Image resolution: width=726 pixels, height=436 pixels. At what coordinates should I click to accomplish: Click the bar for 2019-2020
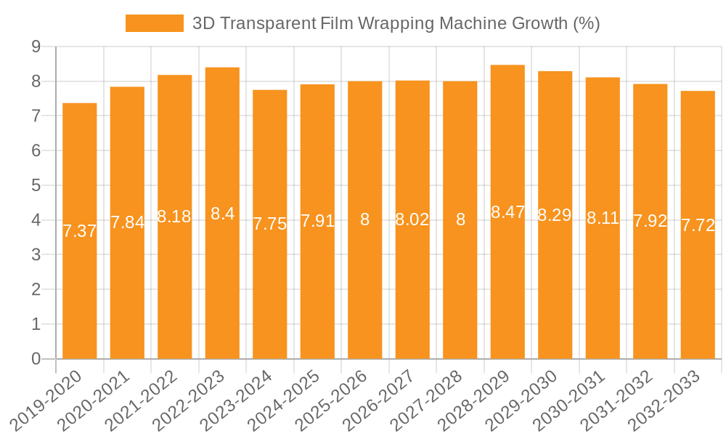pyautogui.click(x=80, y=291)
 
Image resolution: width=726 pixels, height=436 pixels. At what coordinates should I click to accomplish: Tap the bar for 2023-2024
pyautogui.click(x=270, y=291)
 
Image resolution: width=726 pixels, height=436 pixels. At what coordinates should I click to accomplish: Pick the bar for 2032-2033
pyautogui.click(x=698, y=291)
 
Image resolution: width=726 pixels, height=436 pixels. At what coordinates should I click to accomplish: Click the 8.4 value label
pyautogui.click(x=222, y=214)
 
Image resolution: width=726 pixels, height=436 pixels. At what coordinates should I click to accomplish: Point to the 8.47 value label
pyautogui.click(x=507, y=212)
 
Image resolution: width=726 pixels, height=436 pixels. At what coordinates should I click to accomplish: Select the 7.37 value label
pyautogui.click(x=80, y=231)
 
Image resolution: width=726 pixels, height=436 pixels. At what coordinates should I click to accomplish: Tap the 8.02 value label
pyautogui.click(x=412, y=219)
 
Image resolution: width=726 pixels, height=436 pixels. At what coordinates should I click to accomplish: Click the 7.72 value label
pyautogui.click(x=698, y=225)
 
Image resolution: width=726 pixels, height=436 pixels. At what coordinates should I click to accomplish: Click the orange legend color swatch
pyautogui.click(x=155, y=23)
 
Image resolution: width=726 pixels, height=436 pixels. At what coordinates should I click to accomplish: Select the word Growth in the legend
pyautogui.click(x=539, y=23)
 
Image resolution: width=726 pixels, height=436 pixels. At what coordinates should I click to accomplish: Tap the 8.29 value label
pyautogui.click(x=555, y=215)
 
